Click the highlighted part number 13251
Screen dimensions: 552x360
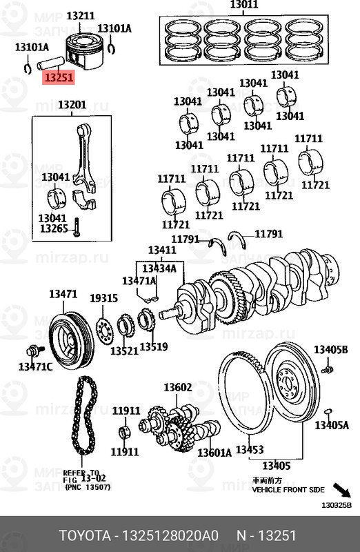(59, 78)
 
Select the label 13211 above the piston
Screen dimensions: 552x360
(81, 15)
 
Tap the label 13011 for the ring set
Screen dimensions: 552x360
(243, 6)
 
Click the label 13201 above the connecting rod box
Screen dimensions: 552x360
(72, 106)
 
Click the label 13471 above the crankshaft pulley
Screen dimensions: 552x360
(63, 295)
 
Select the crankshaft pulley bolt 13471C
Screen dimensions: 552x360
(35, 366)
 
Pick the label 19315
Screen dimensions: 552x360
(103, 298)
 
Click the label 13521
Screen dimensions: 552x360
(125, 351)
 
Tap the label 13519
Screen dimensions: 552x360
(153, 346)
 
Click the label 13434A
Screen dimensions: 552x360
(159, 268)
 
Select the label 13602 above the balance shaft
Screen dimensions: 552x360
(177, 388)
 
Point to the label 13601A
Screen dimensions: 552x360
(214, 453)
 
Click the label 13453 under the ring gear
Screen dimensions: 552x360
(249, 450)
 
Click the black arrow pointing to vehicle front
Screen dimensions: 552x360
(341, 491)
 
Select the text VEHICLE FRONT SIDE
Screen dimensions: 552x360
(288, 489)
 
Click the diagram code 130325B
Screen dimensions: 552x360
(337, 504)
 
